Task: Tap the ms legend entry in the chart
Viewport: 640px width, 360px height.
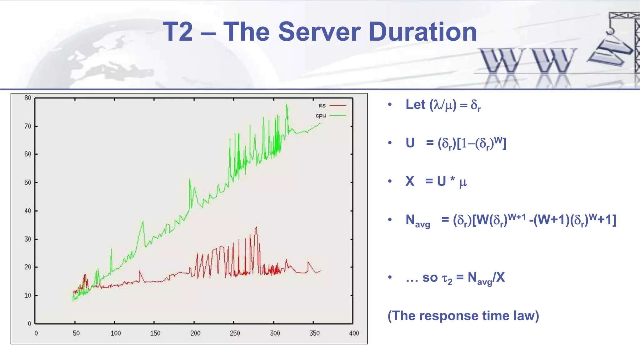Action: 322,106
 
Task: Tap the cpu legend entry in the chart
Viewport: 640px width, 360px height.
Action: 321,116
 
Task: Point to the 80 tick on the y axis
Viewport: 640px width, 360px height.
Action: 28,98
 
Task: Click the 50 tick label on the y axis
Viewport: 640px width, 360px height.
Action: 28,182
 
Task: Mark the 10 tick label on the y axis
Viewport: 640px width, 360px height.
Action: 28,295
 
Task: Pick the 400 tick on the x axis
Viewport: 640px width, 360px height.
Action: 354,333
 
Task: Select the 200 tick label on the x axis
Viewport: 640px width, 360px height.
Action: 195,333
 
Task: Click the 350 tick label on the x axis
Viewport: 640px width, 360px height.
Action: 314,333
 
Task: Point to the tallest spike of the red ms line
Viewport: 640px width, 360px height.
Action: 257,227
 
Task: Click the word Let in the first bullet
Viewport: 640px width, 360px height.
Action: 415,105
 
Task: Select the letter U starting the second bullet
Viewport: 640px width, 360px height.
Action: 410,143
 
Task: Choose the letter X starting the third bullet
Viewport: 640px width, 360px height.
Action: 410,181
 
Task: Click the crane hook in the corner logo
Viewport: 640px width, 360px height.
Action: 610,30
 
